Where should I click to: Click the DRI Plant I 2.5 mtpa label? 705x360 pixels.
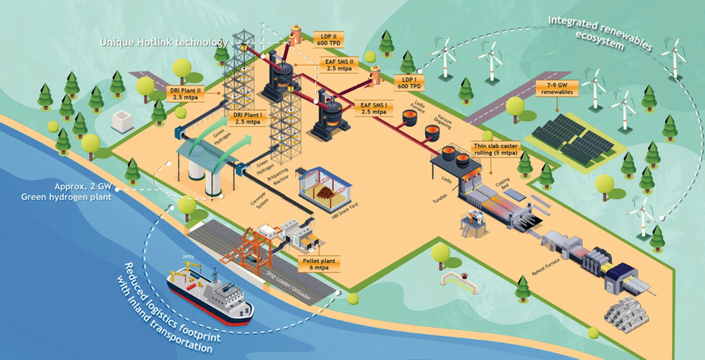point(247,118)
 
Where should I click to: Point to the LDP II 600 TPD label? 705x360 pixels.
point(328,40)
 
